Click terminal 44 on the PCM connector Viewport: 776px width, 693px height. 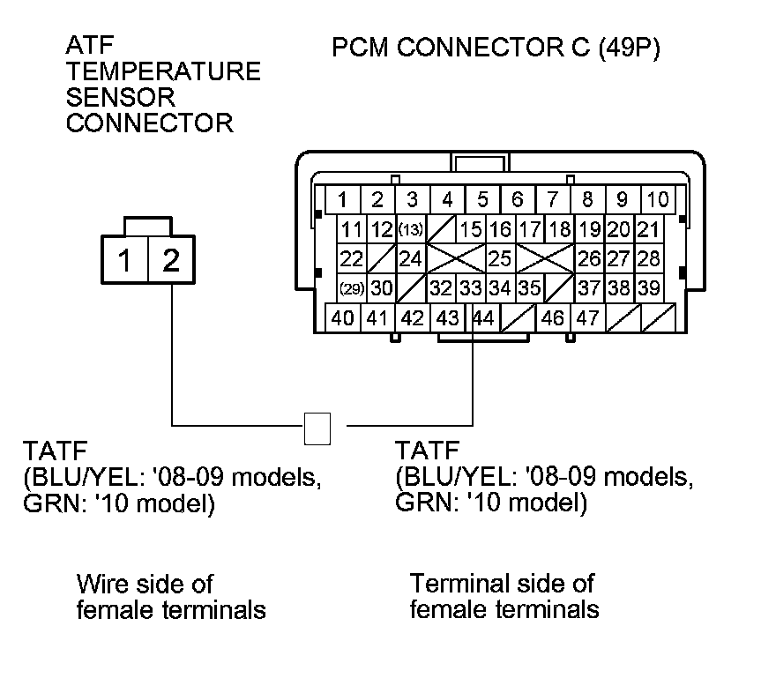tap(483, 317)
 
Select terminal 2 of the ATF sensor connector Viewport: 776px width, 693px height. tap(172, 260)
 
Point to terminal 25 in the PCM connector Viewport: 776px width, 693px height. tap(500, 259)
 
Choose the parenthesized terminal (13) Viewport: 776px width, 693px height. tap(411, 230)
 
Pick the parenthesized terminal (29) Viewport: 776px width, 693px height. tap(352, 288)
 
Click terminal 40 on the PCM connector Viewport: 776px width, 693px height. tap(343, 317)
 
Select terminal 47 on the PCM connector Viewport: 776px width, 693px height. tap(588, 317)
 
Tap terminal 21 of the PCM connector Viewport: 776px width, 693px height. tap(648, 230)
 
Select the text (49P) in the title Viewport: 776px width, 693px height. tap(628, 47)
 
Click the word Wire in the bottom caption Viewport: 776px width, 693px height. tap(101, 584)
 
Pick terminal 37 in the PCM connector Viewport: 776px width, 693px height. tap(588, 288)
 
